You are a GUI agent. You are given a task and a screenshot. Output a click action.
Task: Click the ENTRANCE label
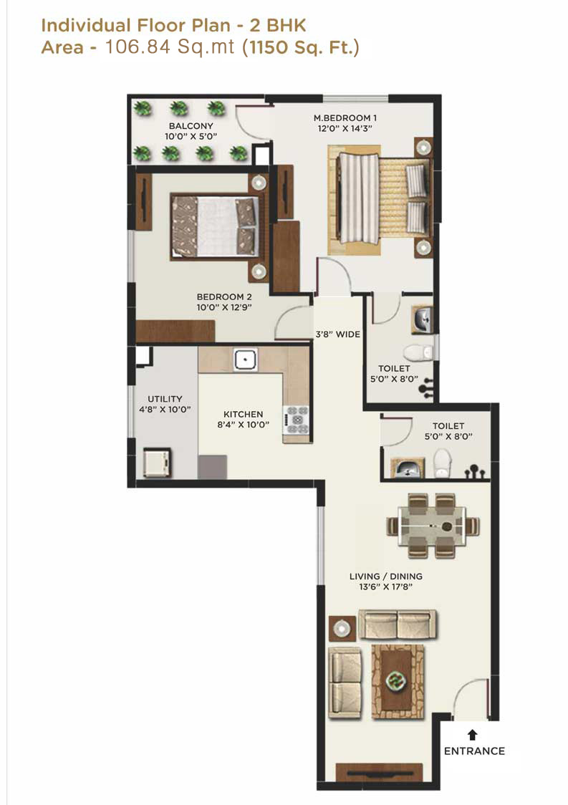pos(473,751)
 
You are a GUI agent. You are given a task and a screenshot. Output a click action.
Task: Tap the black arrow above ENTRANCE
pos(473,734)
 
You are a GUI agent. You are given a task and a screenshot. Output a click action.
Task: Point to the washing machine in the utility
pos(157,462)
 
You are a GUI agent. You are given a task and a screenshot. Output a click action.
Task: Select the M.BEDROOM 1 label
pos(345,117)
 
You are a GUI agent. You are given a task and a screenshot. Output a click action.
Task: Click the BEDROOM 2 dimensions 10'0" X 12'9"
pos(225,307)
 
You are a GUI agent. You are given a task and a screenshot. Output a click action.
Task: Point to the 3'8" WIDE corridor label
pos(338,334)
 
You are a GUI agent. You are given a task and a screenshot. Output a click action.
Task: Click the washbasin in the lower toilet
pos(406,469)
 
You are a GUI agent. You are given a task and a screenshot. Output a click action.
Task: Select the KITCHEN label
pos(243,414)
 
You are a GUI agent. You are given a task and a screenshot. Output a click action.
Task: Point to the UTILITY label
pos(165,399)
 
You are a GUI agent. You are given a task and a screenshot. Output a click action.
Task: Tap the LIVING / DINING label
pos(385,576)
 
